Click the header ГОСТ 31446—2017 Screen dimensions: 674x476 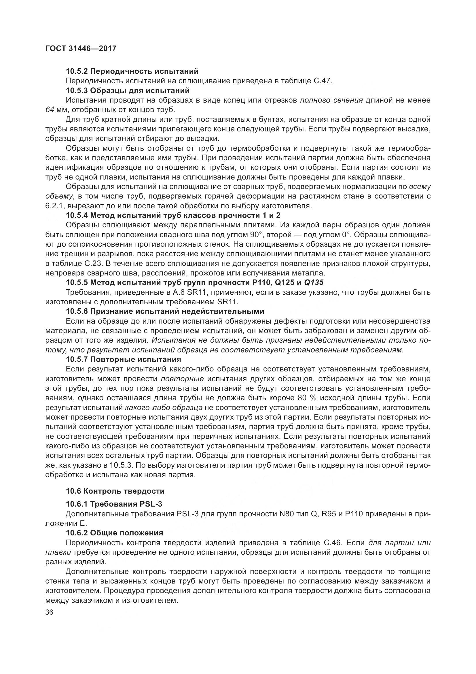pyautogui.click(x=81, y=48)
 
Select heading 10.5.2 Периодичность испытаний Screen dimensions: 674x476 pyautogui.click(x=132, y=71)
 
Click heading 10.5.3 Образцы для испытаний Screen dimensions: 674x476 pyautogui.click(x=128, y=90)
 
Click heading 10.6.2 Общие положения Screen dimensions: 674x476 pyautogui.click(x=114, y=533)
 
